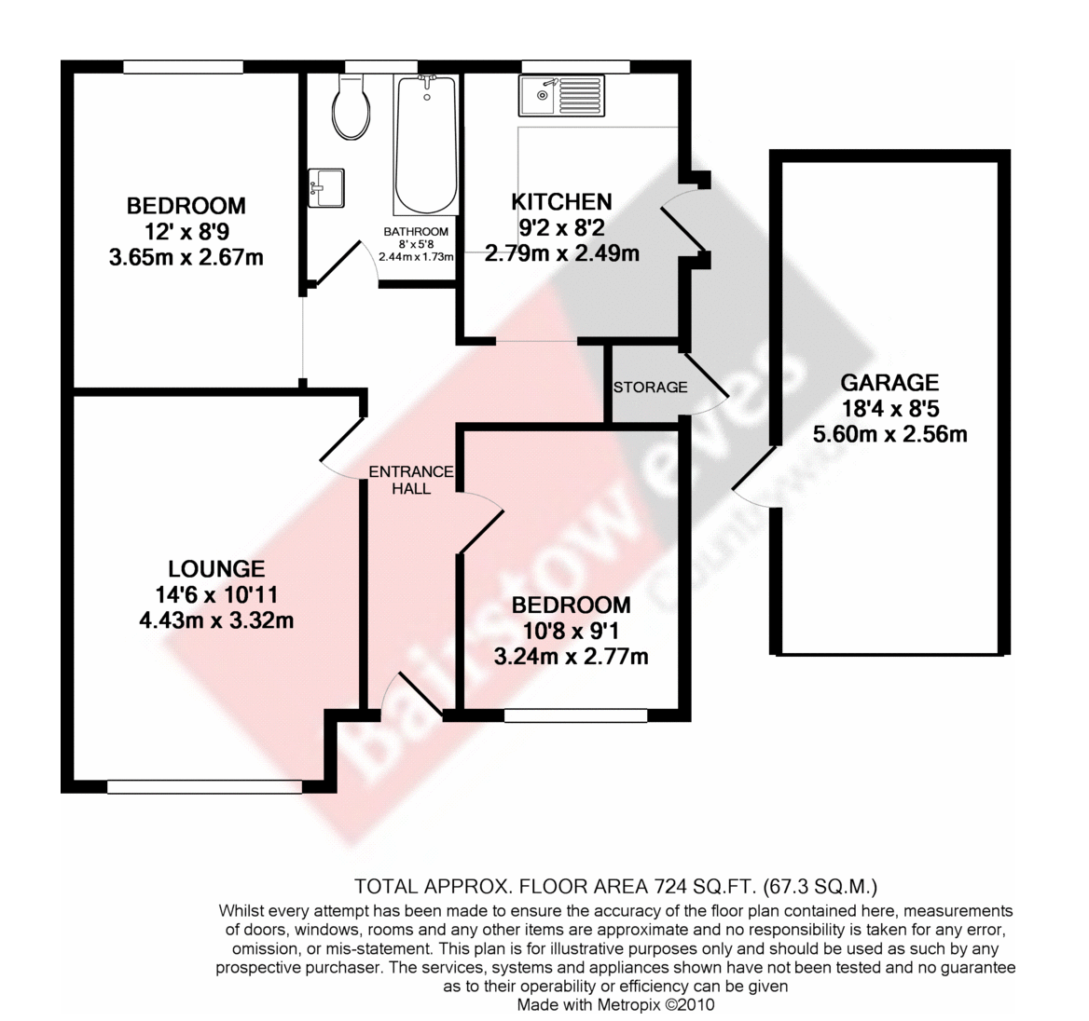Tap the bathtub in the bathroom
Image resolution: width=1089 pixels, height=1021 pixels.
tap(426, 144)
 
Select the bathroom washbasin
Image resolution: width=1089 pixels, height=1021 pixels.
tap(326, 187)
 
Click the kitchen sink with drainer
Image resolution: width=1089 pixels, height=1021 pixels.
tap(561, 96)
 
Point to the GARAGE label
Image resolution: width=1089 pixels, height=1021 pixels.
tap(889, 383)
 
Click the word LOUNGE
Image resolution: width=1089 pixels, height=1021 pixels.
tap(216, 569)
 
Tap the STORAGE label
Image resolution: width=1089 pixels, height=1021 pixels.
tap(650, 388)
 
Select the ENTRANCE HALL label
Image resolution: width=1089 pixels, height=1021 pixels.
tap(411, 480)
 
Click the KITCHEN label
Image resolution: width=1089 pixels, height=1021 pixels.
tap(562, 202)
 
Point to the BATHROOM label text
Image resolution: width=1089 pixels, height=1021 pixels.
tap(416, 232)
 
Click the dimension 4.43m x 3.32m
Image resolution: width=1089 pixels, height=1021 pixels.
tap(216, 619)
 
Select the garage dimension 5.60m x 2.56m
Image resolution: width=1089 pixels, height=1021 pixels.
tap(889, 434)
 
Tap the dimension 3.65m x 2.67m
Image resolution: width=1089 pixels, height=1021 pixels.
tap(186, 257)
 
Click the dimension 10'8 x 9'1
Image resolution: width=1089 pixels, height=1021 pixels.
tap(571, 631)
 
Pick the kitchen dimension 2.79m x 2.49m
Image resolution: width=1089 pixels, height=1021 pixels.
tap(562, 253)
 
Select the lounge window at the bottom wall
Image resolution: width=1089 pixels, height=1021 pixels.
tap(205, 786)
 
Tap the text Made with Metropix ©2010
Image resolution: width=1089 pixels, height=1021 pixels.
tap(615, 1004)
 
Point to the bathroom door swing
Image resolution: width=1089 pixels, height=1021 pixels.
tap(344, 263)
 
